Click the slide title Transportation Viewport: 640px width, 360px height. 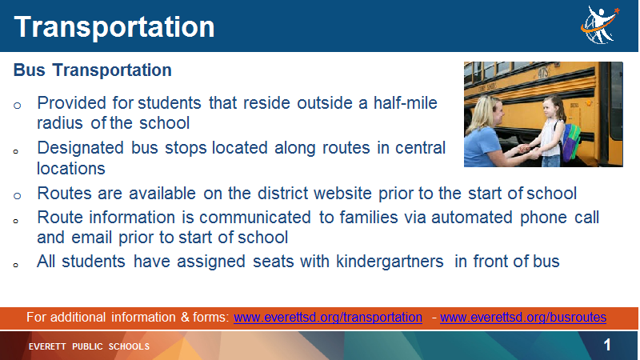tap(114, 27)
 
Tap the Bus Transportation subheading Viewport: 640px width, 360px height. tap(92, 70)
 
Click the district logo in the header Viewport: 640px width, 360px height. tap(600, 25)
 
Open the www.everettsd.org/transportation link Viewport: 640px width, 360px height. tap(328, 317)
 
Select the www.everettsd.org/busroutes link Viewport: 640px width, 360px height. tap(523, 317)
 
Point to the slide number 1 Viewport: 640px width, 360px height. tap(607, 345)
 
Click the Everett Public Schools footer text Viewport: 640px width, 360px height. tap(89, 346)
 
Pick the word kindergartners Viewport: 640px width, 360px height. tap(390, 262)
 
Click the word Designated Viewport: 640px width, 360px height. tap(81, 148)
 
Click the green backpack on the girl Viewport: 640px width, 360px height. tap(571, 141)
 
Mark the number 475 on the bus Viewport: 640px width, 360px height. tap(543, 73)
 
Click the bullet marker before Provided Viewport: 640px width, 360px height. tap(17, 106)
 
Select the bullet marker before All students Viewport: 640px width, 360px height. tap(15, 266)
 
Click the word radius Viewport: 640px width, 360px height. tap(60, 123)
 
